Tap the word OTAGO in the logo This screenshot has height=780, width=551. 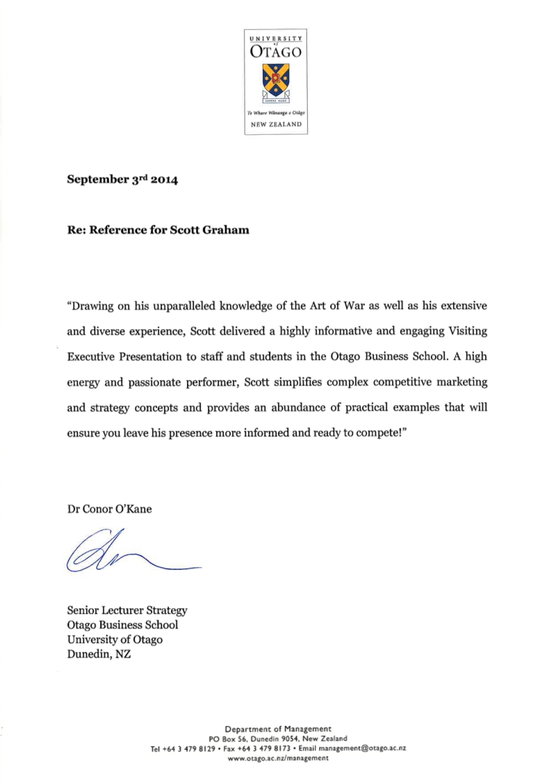(x=276, y=51)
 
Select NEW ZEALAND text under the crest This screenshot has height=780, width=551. (x=276, y=124)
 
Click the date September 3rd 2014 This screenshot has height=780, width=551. (x=123, y=180)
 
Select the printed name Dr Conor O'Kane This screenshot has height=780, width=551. (x=109, y=509)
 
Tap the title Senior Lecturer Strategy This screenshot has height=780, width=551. (x=127, y=610)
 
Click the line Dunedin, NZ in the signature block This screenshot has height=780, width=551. (x=99, y=654)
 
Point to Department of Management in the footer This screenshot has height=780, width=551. (x=278, y=729)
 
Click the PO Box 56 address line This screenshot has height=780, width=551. (x=278, y=738)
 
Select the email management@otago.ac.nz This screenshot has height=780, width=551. (x=362, y=748)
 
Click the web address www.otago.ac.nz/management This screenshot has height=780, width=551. (x=278, y=758)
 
